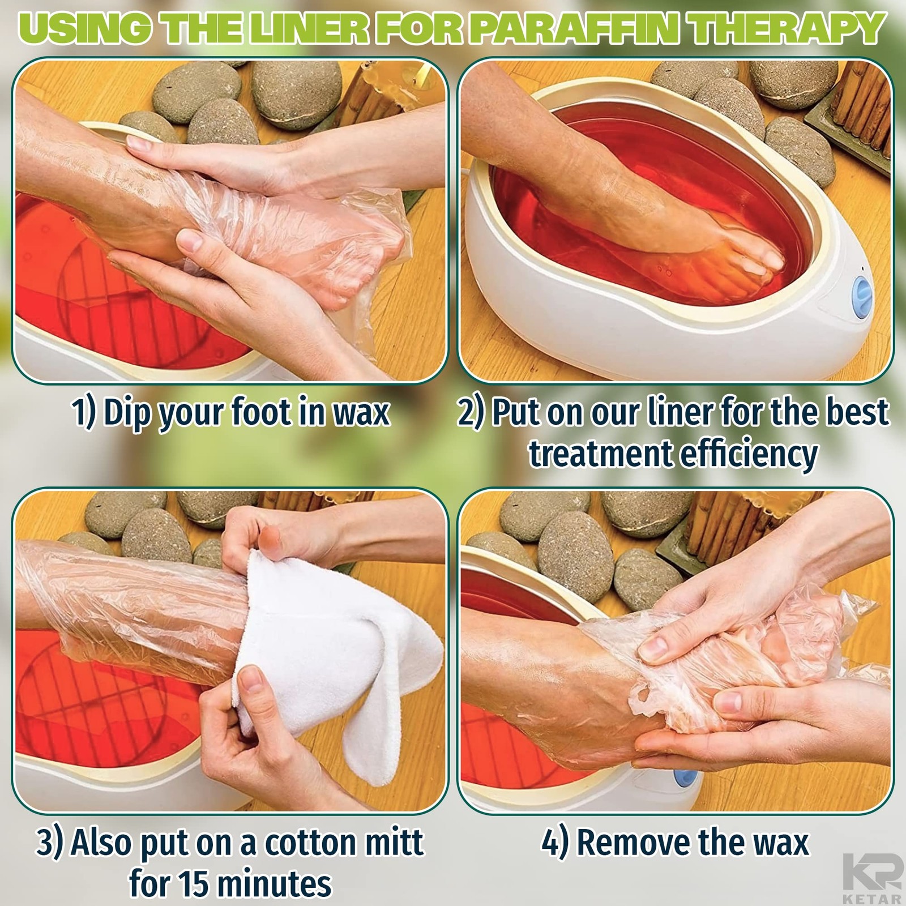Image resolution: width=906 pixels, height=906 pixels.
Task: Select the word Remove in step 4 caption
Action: coord(633,842)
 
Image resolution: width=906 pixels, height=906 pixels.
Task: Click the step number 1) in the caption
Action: coord(84,413)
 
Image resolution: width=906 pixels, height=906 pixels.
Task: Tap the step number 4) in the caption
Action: coord(555,843)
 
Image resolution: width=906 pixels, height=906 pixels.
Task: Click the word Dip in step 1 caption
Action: coord(123,413)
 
